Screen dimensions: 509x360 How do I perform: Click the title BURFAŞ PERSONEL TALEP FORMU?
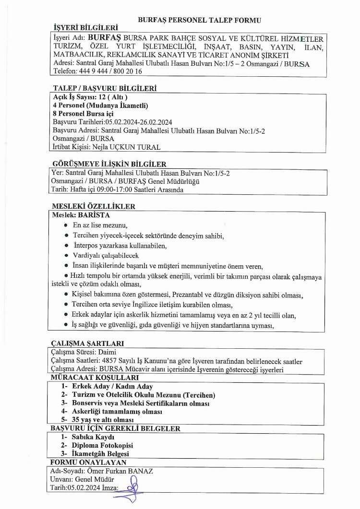click(199, 20)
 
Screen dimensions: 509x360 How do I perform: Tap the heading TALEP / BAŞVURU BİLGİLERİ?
click(104, 88)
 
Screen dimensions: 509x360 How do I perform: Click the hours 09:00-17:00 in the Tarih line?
click(109, 189)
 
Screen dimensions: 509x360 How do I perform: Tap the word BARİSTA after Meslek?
click(94, 215)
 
